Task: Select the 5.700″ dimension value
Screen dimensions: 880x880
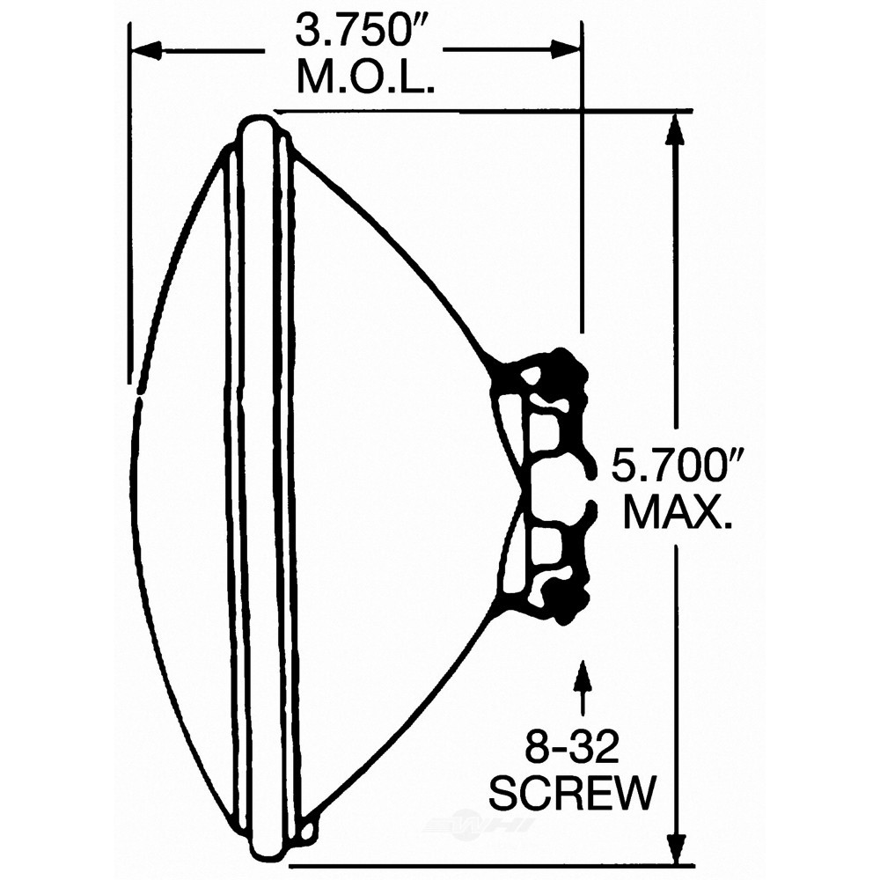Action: [677, 465]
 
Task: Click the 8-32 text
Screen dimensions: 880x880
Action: [572, 745]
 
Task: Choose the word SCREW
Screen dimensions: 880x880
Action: [573, 793]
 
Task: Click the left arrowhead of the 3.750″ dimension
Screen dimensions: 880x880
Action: [146, 50]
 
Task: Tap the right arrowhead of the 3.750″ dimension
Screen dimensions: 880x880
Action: [565, 49]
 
